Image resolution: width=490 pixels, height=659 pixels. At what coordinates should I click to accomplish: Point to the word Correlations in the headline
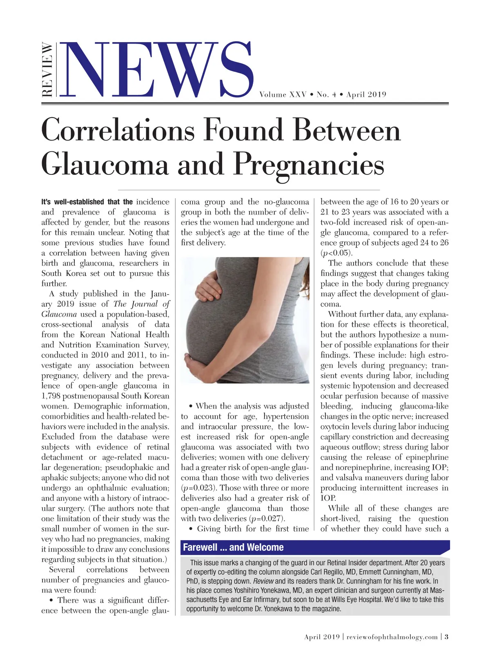[118, 130]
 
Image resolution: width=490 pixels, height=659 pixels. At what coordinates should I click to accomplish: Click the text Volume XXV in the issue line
[283, 95]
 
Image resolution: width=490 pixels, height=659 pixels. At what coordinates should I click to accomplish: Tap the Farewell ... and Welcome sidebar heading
[233, 547]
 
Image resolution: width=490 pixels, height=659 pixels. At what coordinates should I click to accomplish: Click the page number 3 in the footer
[446, 637]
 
